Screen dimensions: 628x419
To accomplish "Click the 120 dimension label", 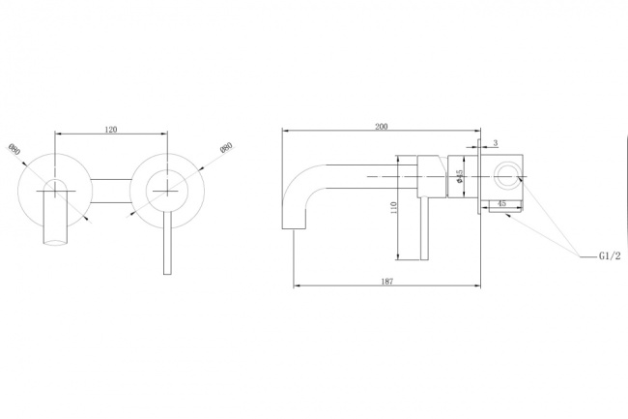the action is coord(111,129).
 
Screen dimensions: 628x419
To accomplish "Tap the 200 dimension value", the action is coord(382,127).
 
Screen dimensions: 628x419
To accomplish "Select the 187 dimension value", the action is coord(386,281).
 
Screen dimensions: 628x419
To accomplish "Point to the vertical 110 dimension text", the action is coord(393,208).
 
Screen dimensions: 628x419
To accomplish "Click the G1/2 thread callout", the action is coord(610,255).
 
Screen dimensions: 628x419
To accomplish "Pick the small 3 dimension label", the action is coord(496,143).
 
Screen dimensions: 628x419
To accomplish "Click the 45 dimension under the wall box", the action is coord(501,203).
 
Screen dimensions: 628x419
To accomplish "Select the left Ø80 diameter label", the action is coord(14,149).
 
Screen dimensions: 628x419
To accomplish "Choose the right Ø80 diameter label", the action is coord(226,147).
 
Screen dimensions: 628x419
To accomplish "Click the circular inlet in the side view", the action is coord(506,176).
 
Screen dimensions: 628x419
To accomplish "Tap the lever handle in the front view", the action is coord(167,242).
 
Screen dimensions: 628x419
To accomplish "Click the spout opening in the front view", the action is coord(55,241).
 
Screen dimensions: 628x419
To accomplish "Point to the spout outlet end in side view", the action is coord(295,228).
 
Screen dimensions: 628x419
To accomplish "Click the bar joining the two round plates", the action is coord(111,191).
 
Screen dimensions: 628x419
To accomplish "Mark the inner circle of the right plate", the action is coord(167,191).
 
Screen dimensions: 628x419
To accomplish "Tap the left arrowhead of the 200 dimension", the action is coord(285,130).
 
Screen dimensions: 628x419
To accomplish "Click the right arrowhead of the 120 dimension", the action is coord(164,134).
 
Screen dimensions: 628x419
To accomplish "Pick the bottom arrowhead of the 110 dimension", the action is coord(398,256).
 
